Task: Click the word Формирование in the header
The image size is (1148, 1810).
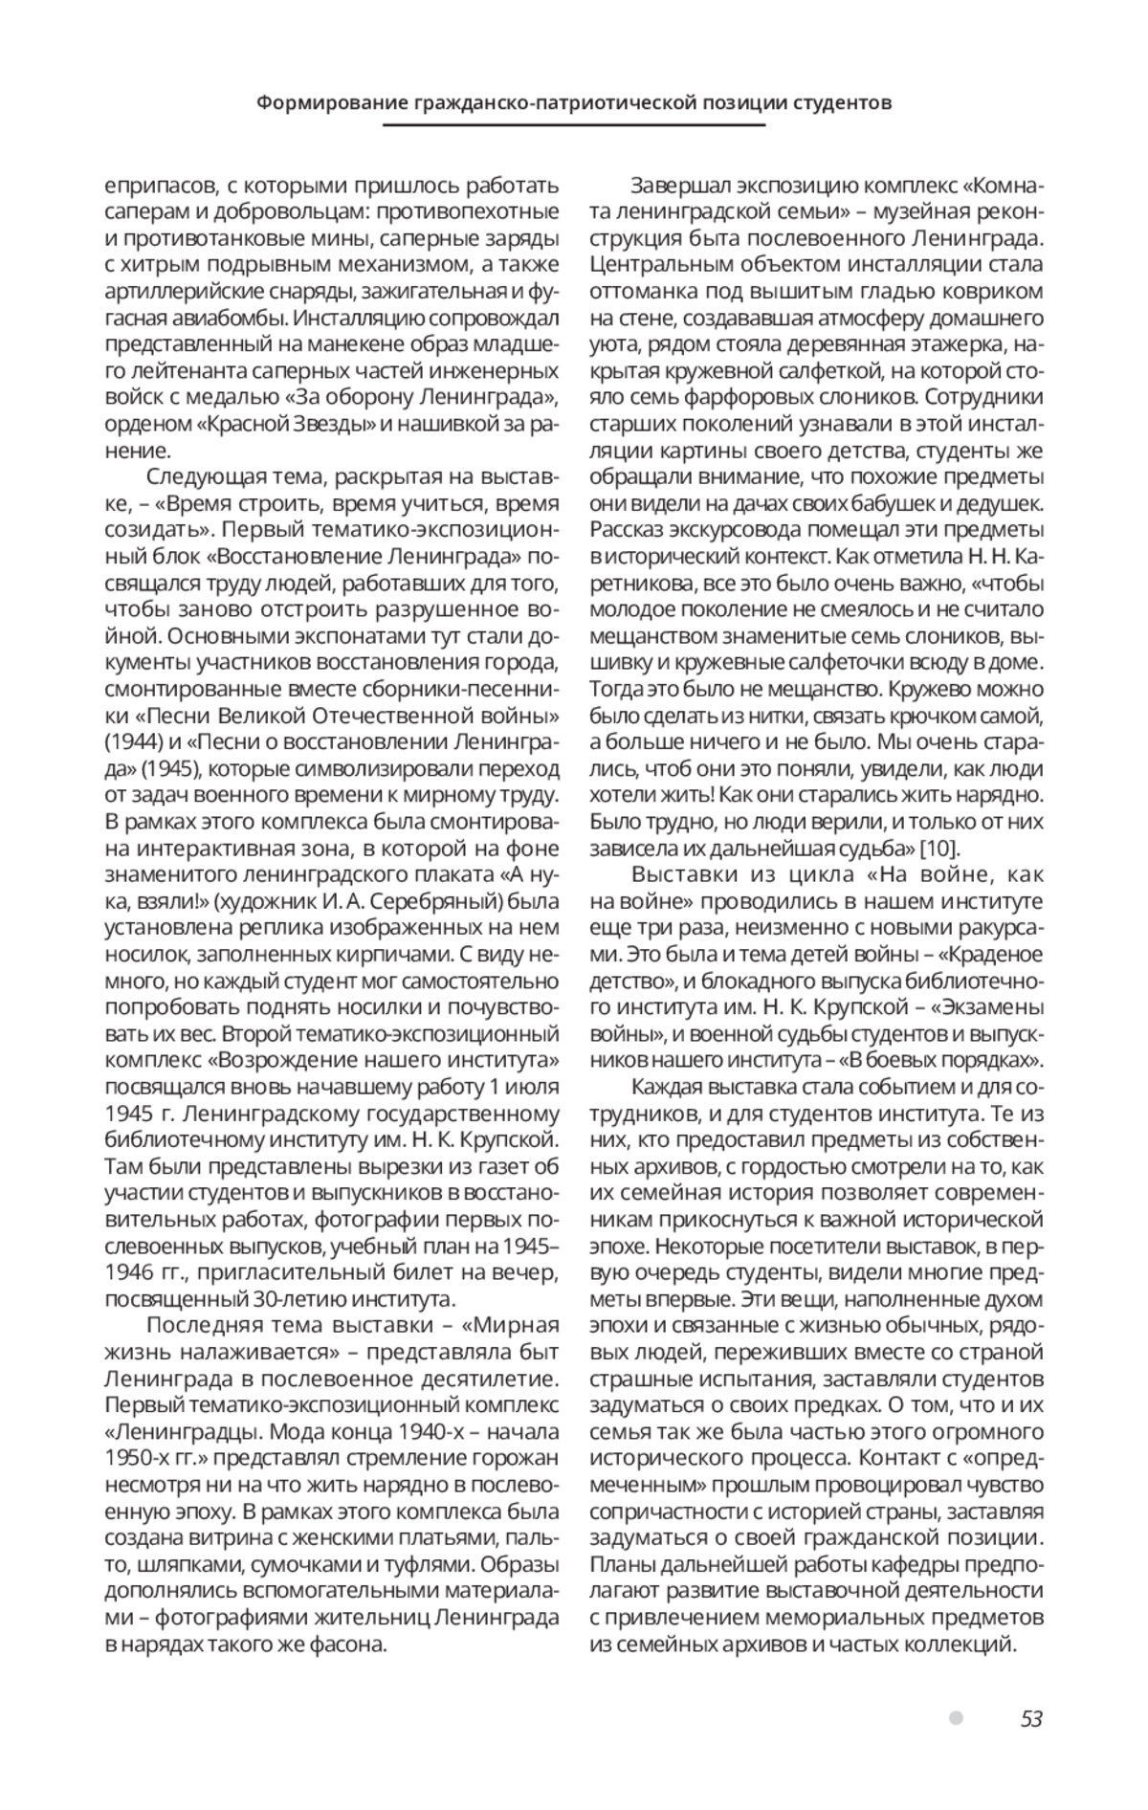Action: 319,102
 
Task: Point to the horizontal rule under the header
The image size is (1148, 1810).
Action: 574,125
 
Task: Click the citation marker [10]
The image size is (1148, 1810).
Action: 939,847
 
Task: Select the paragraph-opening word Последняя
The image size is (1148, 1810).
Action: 194,1325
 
